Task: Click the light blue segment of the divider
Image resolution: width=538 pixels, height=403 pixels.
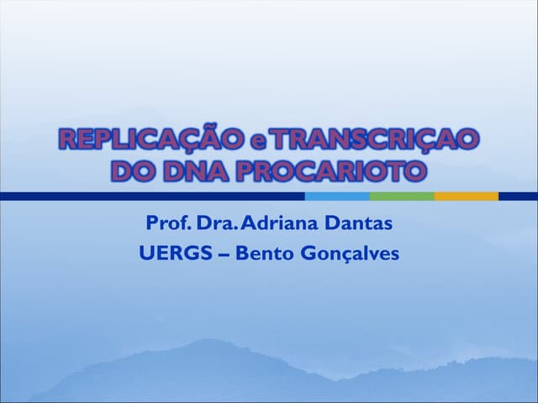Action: point(337,196)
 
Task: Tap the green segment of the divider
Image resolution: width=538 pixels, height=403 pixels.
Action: point(402,196)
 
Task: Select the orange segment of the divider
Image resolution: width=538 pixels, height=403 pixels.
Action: point(467,196)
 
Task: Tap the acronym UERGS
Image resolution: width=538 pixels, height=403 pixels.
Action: point(168,253)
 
